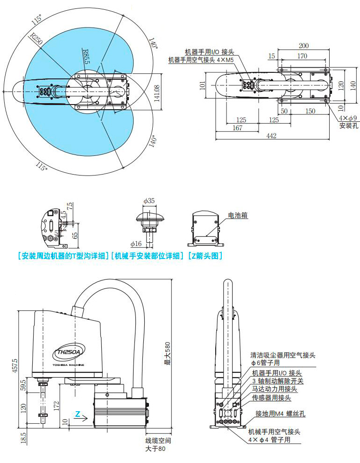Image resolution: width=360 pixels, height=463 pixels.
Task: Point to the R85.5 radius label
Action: click(85, 58)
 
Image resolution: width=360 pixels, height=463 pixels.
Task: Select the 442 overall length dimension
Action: click(271, 136)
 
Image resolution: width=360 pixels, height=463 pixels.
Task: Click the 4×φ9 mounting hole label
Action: click(347, 118)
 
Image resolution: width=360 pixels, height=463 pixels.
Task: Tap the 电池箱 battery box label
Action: click(238, 216)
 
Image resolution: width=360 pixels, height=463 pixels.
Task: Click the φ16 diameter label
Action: click(136, 244)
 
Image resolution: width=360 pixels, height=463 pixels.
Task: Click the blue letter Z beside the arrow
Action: click(78, 414)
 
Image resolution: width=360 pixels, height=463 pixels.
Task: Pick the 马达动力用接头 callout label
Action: click(275, 389)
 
